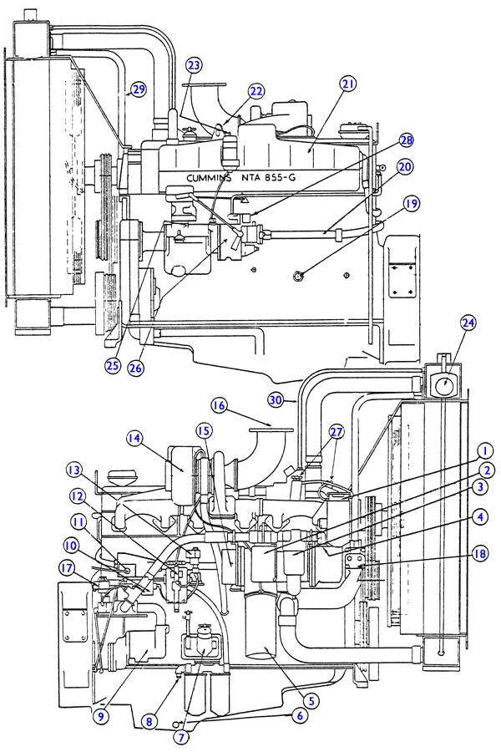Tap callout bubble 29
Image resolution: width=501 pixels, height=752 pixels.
(139, 89)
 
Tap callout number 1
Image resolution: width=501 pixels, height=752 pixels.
(483, 450)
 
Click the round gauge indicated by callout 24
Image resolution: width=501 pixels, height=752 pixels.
(446, 385)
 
